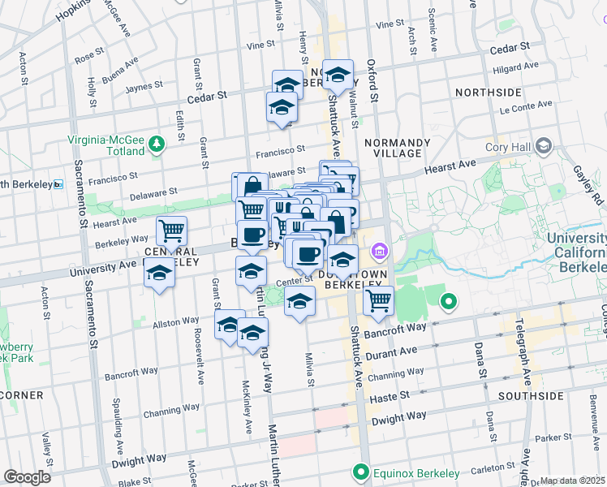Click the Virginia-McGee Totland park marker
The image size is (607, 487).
(157, 144)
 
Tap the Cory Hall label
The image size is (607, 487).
(508, 147)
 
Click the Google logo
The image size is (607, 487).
(27, 476)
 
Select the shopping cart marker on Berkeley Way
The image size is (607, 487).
(171, 231)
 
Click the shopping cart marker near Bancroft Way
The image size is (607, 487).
(378, 300)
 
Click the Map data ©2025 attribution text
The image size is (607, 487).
(572, 481)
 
